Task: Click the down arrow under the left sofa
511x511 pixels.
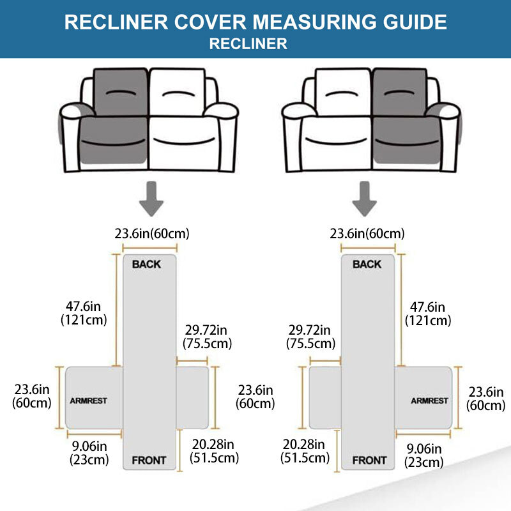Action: [151, 198]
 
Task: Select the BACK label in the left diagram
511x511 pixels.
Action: [146, 264]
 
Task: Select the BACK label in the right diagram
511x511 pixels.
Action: [367, 264]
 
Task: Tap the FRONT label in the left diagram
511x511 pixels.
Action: [149, 460]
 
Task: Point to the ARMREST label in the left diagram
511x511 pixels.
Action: [89, 401]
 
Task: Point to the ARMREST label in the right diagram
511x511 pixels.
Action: [429, 401]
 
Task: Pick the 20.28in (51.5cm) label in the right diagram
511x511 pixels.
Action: [305, 451]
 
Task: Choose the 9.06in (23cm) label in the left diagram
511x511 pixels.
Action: [90, 451]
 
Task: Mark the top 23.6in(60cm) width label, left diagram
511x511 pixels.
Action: [152, 234]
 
